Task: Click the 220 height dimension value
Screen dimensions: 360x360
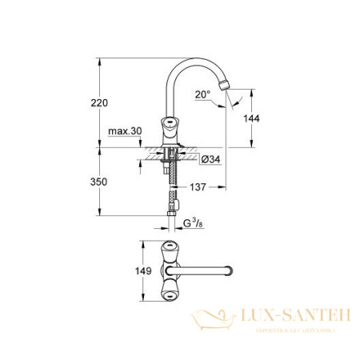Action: coord(99,102)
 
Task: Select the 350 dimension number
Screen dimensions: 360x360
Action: coord(99,182)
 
